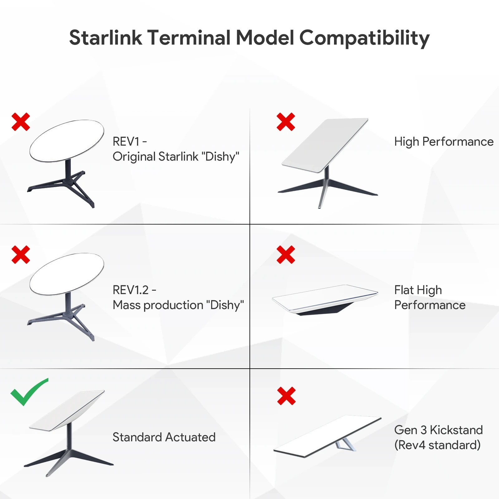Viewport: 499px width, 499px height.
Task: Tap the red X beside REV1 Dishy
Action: (x=21, y=122)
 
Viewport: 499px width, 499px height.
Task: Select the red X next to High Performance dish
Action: (x=286, y=122)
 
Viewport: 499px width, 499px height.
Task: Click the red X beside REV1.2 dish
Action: (x=21, y=254)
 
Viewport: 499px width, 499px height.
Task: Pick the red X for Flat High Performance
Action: (x=286, y=254)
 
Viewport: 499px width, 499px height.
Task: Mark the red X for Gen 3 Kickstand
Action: (x=286, y=396)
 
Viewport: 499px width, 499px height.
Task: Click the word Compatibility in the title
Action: (x=365, y=38)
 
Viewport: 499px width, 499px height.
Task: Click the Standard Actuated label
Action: (x=164, y=437)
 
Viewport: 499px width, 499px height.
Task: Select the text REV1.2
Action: (x=131, y=290)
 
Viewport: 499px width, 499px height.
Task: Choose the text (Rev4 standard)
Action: (x=437, y=445)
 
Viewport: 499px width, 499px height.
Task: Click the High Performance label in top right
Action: (x=444, y=142)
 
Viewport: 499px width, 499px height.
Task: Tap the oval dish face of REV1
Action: (x=67, y=141)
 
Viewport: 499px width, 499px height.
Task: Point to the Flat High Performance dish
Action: (x=325, y=300)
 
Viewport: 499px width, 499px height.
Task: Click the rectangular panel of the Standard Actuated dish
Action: (x=67, y=410)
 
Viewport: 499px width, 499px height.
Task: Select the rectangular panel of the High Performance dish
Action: (x=325, y=145)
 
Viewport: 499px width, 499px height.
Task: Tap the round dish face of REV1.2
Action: (x=67, y=274)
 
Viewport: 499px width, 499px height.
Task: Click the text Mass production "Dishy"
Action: (x=178, y=305)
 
